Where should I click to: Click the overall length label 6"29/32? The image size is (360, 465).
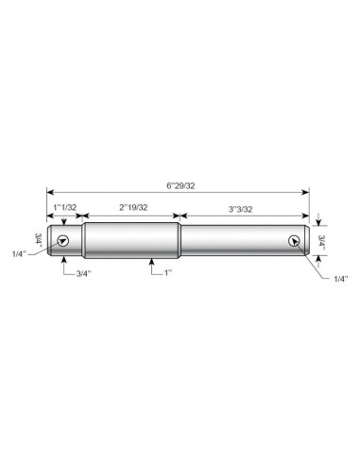(x=180, y=186)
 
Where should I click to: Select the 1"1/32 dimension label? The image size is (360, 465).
(x=64, y=207)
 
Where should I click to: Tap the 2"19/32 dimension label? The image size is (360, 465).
(x=133, y=207)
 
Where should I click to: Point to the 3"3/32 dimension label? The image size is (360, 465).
(x=240, y=209)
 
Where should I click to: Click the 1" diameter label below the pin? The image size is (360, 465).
(x=168, y=272)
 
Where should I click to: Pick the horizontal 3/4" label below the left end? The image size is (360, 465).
(x=83, y=273)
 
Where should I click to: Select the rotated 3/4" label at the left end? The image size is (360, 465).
(x=39, y=239)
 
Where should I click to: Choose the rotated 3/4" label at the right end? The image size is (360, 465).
(x=321, y=241)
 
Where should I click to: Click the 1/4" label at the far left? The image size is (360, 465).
(x=20, y=254)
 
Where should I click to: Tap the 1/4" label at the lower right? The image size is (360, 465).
(x=341, y=279)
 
